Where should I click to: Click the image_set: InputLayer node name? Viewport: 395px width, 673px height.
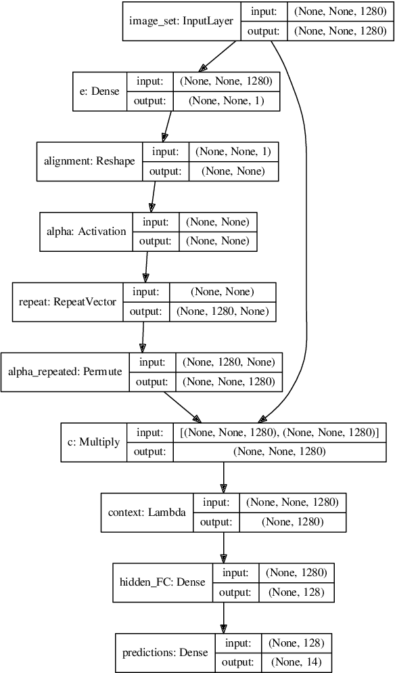pos(181,21)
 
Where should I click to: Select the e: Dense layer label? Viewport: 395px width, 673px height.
pos(99,91)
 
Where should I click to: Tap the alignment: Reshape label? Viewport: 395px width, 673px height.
pos(89,161)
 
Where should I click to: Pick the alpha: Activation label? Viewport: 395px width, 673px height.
pos(86,232)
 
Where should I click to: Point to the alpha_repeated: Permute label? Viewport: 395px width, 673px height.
pos(66,372)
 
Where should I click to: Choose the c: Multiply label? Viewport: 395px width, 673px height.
pos(94,442)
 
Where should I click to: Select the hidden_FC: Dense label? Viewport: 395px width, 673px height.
pos(162,582)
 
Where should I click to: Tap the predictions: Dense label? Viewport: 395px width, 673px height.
pos(166,653)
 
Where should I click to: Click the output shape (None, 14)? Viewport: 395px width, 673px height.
pos(295,662)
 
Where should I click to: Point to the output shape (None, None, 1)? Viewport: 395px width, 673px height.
pos(226,100)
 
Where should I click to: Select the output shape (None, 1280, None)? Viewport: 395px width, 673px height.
pos(223,311)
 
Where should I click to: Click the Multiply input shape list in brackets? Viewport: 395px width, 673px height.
pos(279,432)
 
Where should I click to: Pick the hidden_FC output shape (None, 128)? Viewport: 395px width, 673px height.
pos(295,592)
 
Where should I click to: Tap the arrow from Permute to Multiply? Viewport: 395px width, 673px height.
pos(179,406)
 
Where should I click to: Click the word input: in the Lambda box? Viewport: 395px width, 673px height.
pos(216,502)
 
